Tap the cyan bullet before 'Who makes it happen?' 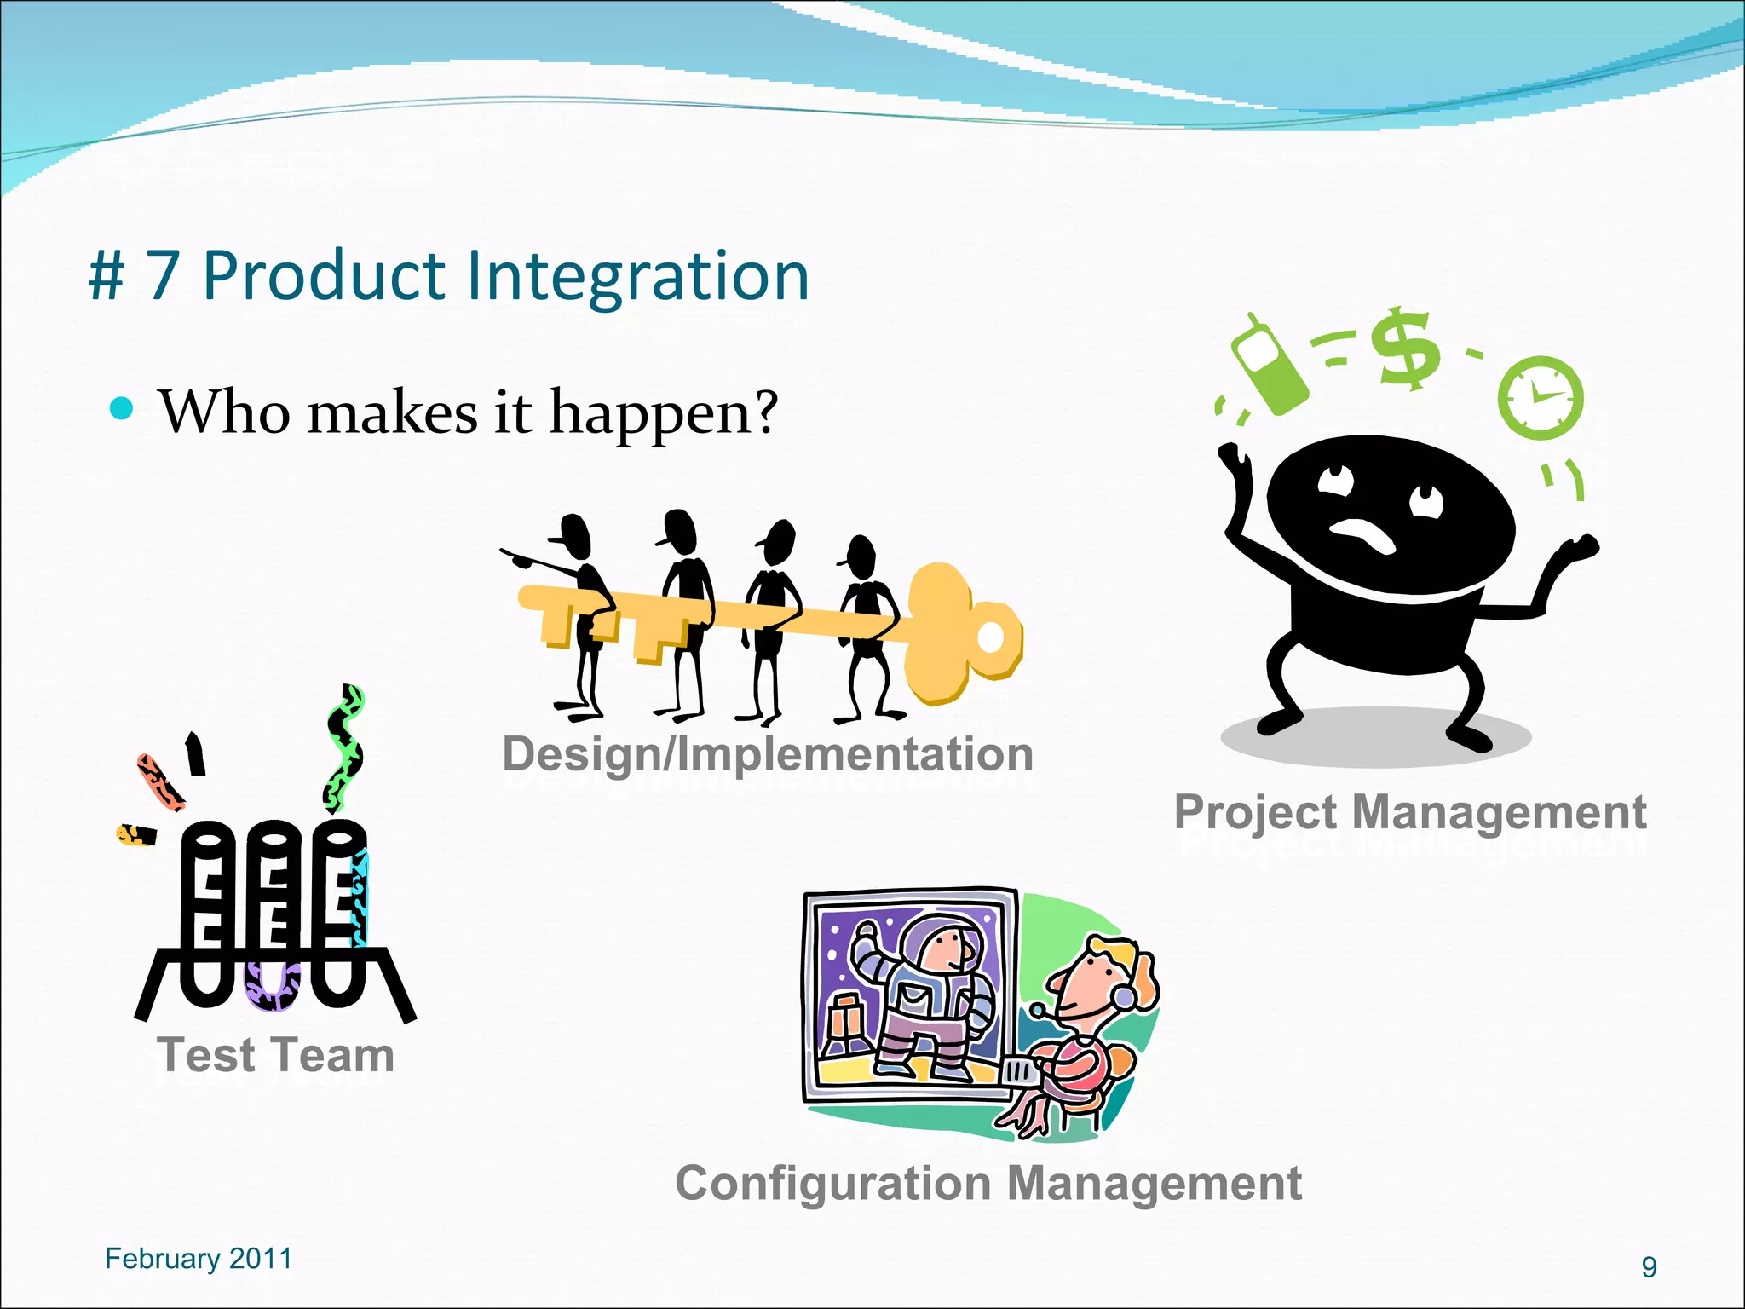tap(123, 409)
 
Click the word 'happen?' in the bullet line tap(663, 414)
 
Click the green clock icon tap(1541, 398)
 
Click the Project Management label tap(1410, 811)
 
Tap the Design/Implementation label tap(768, 754)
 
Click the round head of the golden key tap(964, 634)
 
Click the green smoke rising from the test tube tap(345, 750)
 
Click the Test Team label tap(276, 1055)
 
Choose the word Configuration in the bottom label tap(833, 1184)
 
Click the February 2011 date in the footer tap(198, 1259)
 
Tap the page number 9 tap(1649, 1267)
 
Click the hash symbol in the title tap(107, 278)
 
